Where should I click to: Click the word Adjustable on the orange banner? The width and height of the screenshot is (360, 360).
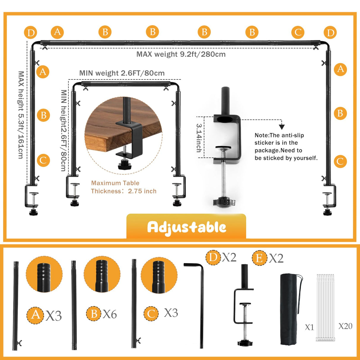click(187, 227)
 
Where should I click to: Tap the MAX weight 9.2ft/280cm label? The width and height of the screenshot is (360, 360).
click(181, 54)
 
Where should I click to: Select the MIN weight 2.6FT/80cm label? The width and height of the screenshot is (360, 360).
click(122, 73)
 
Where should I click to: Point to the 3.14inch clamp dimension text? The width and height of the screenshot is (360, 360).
click(199, 138)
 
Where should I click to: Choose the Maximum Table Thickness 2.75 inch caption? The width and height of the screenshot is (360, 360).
click(124, 187)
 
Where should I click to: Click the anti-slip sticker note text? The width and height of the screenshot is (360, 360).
click(286, 146)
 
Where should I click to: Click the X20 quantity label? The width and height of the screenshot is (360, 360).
click(345, 326)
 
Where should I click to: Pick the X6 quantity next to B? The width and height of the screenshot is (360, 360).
click(110, 314)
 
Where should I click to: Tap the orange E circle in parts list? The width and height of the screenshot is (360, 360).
click(259, 258)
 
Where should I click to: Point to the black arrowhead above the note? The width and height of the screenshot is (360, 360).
click(282, 127)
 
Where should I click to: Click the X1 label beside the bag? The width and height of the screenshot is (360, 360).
click(310, 327)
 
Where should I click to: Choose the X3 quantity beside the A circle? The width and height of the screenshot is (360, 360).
click(54, 316)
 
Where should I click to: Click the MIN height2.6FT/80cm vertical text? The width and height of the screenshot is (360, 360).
click(63, 130)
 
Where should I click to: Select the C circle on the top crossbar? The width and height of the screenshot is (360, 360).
click(298, 32)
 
